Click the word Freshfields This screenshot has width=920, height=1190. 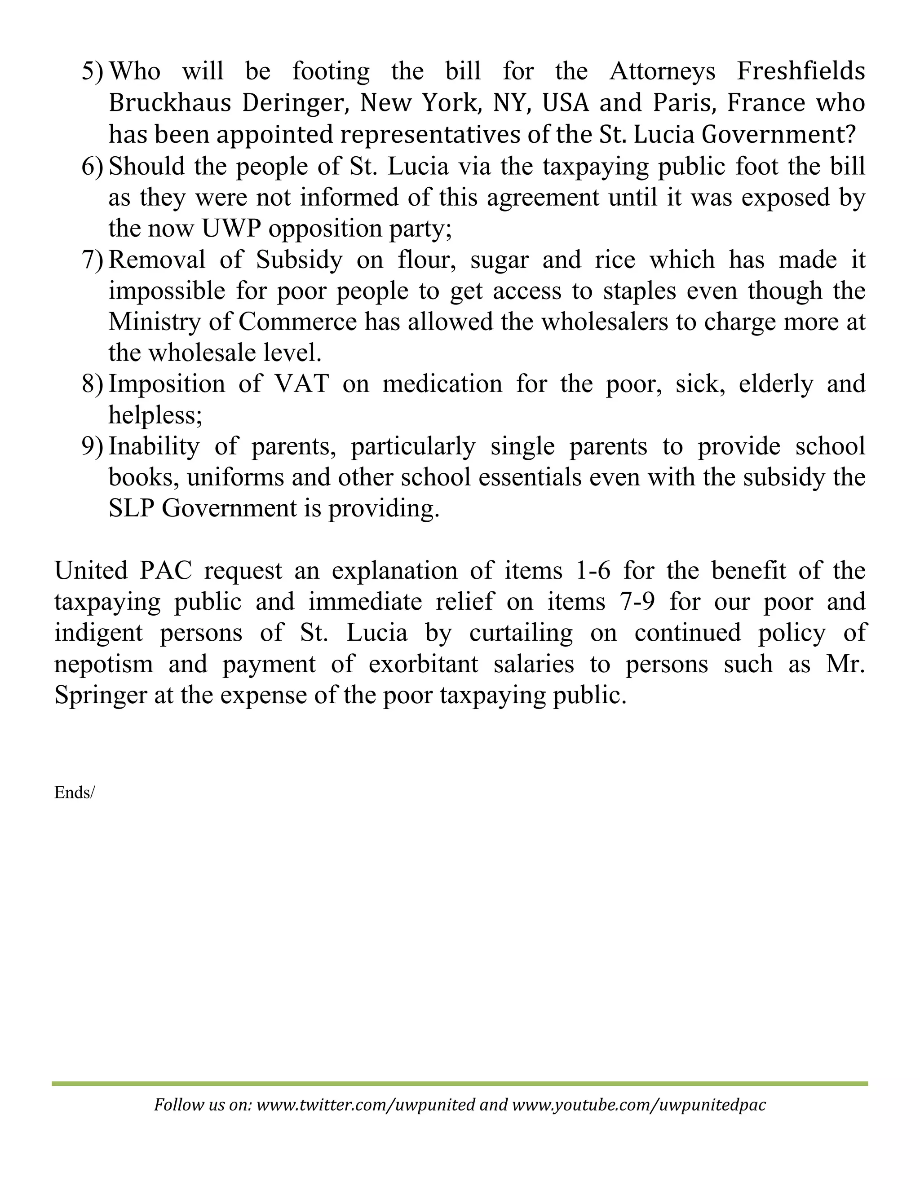click(x=801, y=71)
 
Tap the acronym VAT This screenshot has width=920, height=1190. click(x=301, y=383)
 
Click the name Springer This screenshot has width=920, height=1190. click(x=100, y=696)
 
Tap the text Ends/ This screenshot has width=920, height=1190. click(x=74, y=792)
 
